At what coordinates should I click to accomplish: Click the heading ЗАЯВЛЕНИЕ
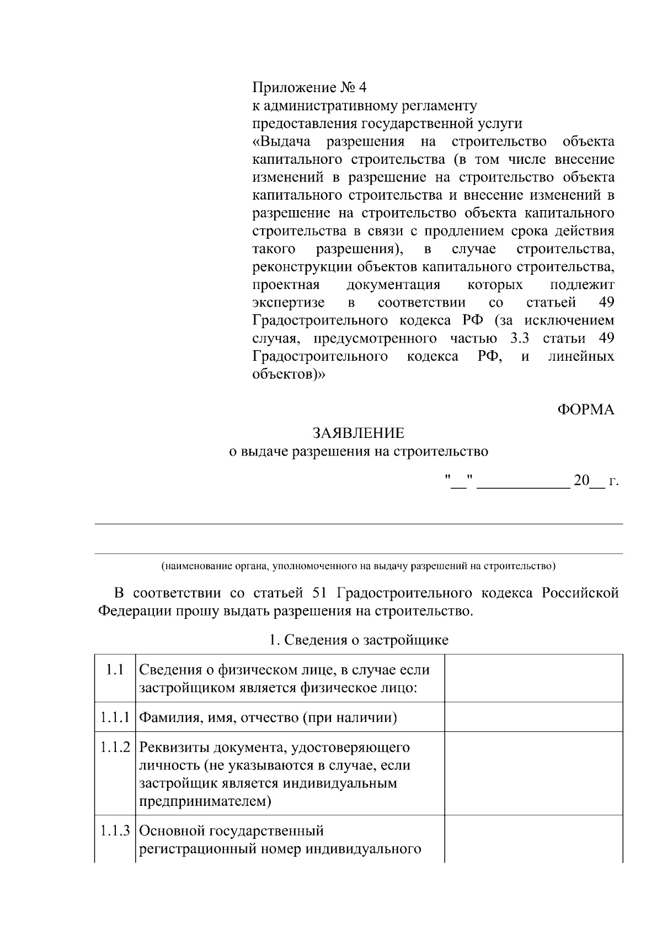(359, 433)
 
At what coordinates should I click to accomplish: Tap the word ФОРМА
(585, 410)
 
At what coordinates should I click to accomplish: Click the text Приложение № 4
(309, 88)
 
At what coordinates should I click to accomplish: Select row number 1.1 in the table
(114, 670)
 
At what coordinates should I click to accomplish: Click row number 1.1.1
(115, 718)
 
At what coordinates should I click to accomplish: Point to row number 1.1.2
(115, 748)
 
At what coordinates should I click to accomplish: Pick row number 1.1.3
(115, 831)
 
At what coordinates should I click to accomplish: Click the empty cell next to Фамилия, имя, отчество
(533, 717)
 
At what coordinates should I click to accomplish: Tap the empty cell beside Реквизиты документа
(533, 773)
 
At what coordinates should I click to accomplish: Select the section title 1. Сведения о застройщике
(359, 640)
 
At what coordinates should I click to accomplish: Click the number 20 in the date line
(581, 480)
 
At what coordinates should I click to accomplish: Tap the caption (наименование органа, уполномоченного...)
(359, 566)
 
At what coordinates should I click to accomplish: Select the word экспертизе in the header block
(289, 303)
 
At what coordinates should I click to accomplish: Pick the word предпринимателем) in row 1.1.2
(205, 801)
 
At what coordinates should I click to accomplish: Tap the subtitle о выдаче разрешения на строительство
(359, 452)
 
